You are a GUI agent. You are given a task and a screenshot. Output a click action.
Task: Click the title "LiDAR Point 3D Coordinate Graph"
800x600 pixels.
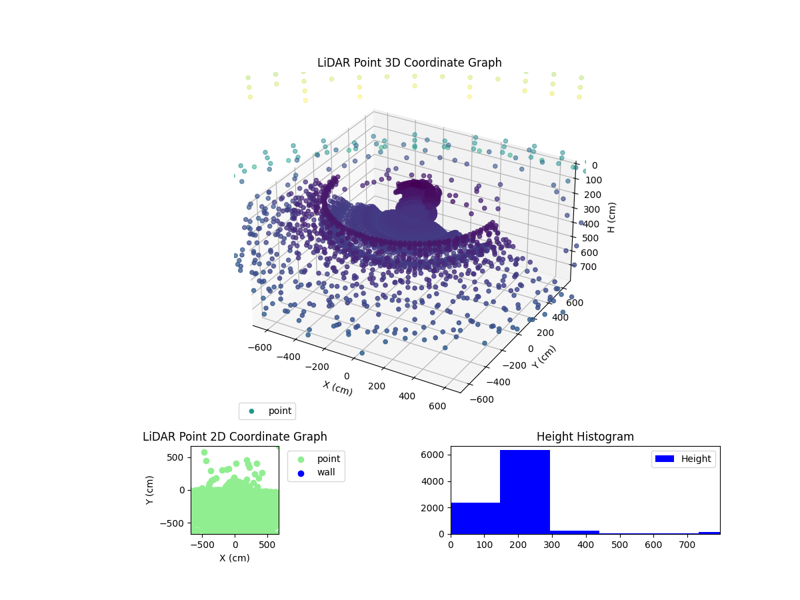409,63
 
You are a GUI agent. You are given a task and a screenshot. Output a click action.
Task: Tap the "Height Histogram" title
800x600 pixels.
585,437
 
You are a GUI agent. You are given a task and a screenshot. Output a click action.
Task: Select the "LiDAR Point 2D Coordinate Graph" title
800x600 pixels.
235,437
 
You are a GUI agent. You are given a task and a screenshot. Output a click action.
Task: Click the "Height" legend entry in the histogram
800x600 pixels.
683,459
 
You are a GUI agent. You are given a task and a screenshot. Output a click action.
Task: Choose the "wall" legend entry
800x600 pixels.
317,473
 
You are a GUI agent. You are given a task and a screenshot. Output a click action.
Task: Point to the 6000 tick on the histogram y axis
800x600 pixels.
439,455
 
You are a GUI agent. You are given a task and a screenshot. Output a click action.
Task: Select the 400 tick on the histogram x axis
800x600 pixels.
585,544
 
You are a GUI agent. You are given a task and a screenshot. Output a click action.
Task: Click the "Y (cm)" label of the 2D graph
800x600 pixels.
151,490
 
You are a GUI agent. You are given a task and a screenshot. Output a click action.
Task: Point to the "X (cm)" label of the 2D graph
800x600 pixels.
235,558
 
